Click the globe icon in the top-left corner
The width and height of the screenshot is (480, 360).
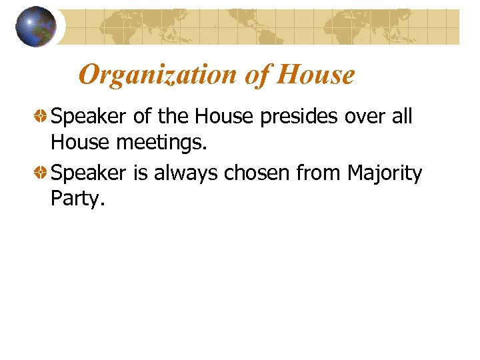(x=36, y=27)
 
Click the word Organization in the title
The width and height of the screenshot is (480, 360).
(x=158, y=75)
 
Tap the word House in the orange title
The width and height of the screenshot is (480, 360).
(x=315, y=75)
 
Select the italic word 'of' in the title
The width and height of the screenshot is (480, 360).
(x=257, y=75)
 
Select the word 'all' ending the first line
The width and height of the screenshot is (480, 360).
(x=403, y=117)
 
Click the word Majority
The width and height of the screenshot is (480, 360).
(x=385, y=174)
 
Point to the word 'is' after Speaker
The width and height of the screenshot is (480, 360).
(x=141, y=173)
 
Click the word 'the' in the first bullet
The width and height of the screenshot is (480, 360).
(x=173, y=117)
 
